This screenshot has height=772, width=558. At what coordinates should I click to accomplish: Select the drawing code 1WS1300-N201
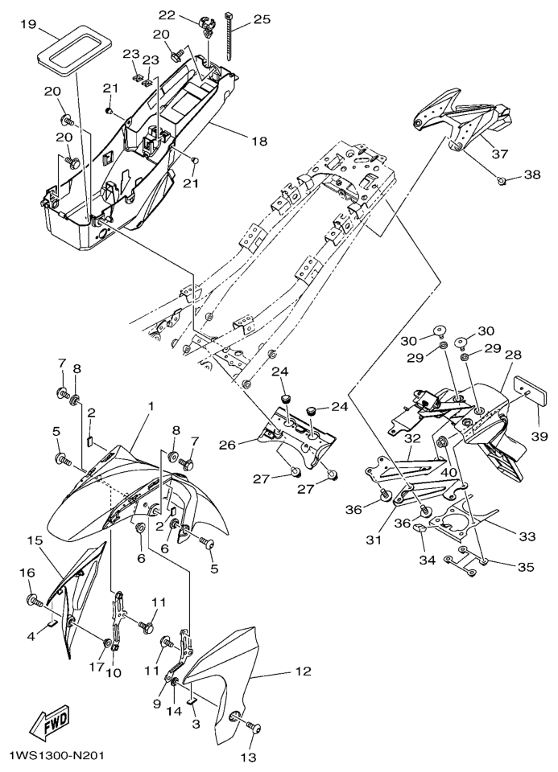(56, 757)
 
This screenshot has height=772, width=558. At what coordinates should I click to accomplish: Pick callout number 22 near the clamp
(167, 14)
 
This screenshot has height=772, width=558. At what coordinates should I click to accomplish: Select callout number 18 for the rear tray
(258, 142)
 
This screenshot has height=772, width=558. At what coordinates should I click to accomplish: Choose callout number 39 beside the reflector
(539, 437)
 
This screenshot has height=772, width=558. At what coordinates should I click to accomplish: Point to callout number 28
(513, 355)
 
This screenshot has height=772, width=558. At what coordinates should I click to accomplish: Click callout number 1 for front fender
(150, 408)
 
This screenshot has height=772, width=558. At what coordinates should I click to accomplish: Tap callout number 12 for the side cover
(302, 671)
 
